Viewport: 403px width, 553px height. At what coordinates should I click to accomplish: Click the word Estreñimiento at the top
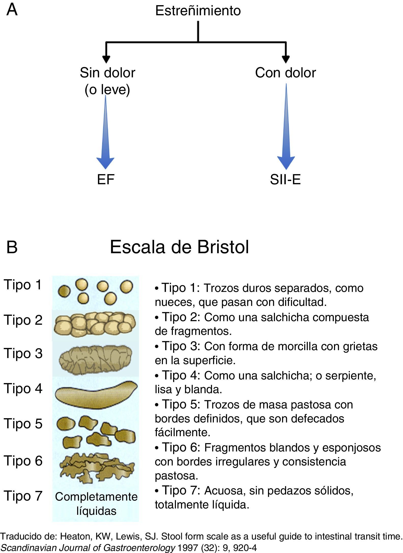pyautogui.click(x=198, y=11)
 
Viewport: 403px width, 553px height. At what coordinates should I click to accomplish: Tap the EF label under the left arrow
pyautogui.click(x=106, y=179)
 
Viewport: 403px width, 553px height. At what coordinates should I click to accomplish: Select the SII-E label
pyautogui.click(x=285, y=180)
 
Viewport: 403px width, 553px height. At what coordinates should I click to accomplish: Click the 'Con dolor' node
pyautogui.click(x=285, y=73)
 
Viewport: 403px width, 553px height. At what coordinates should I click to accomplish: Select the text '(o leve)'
pyautogui.click(x=107, y=90)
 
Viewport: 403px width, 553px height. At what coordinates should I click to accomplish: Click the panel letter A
pyautogui.click(x=12, y=10)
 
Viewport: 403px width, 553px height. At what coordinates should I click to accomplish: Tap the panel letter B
pyautogui.click(x=12, y=247)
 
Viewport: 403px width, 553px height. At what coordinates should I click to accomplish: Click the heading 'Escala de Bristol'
pyautogui.click(x=179, y=247)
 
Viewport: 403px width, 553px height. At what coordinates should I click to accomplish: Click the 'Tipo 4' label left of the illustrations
pyautogui.click(x=23, y=388)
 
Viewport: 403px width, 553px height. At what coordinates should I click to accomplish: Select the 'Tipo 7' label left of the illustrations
pyautogui.click(x=23, y=496)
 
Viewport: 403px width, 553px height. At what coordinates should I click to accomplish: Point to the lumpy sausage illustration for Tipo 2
pyautogui.click(x=95, y=324)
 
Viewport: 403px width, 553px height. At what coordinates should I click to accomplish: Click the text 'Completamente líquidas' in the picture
pyautogui.click(x=96, y=503)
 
